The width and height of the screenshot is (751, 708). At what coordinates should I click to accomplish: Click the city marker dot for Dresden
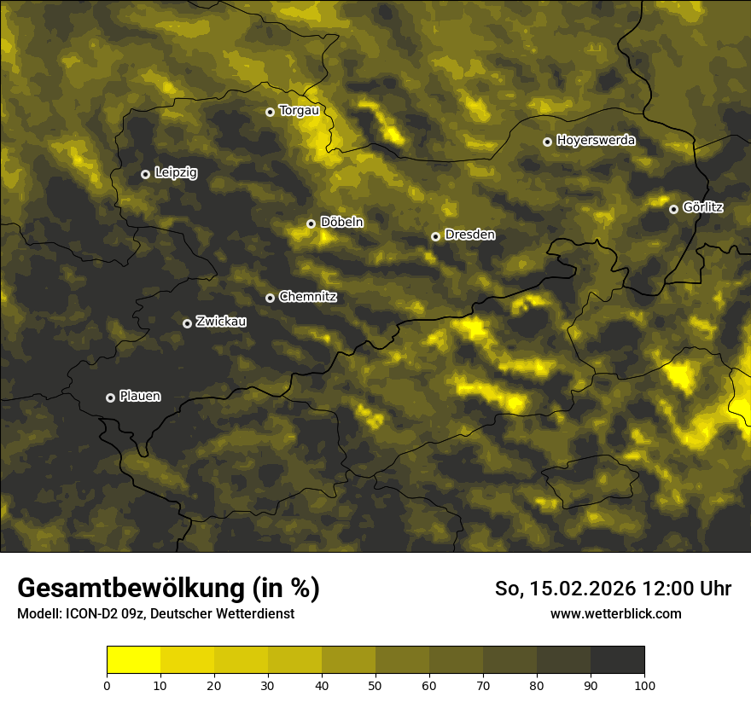pyautogui.click(x=435, y=236)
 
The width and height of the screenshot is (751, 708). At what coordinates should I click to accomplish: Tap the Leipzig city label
pyautogui.click(x=176, y=173)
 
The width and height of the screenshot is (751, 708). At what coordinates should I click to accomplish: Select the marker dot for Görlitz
pyautogui.click(x=673, y=209)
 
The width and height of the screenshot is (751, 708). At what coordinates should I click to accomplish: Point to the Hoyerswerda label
pyautogui.click(x=596, y=141)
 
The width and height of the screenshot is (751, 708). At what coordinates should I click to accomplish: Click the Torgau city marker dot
pyautogui.click(x=270, y=112)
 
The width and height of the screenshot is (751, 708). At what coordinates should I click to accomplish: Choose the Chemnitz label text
pyautogui.click(x=308, y=297)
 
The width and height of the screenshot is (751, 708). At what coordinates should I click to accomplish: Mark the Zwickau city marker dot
pyautogui.click(x=187, y=323)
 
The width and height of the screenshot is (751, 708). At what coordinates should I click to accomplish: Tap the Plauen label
pyautogui.click(x=140, y=396)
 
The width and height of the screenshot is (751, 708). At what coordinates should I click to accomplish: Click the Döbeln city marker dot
pyautogui.click(x=311, y=223)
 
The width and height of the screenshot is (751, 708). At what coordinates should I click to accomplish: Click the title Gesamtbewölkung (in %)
pyautogui.click(x=168, y=588)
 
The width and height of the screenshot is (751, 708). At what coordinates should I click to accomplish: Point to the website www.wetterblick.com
pyautogui.click(x=615, y=613)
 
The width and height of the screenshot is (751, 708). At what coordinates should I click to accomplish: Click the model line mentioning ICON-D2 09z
pyautogui.click(x=155, y=613)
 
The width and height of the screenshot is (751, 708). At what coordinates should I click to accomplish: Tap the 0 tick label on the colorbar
pyautogui.click(x=107, y=685)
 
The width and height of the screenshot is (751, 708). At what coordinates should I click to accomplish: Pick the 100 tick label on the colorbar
pyautogui.click(x=644, y=685)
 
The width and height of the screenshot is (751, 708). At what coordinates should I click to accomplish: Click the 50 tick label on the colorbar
pyautogui.click(x=375, y=685)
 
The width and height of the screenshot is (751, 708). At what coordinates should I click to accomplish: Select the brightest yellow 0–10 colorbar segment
pyautogui.click(x=133, y=660)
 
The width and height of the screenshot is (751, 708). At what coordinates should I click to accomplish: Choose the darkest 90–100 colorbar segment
pyautogui.click(x=617, y=660)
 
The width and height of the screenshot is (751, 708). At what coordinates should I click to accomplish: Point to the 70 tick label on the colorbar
pyautogui.click(x=483, y=685)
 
